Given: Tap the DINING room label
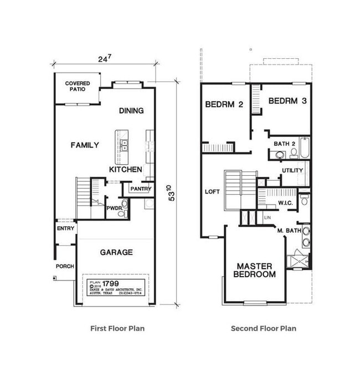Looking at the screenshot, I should tap(131, 111).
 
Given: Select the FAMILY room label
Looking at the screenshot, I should tap(85, 145).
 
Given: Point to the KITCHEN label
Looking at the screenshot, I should tap(126, 170).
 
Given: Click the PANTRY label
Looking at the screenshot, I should tap(140, 189).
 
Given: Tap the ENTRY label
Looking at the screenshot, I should tap(64, 228).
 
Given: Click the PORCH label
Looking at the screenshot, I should tap(65, 266).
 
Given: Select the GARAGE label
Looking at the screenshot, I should tap(116, 252).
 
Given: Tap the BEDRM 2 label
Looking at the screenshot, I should tap(224, 104).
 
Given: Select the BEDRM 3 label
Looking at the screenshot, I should tap(287, 101).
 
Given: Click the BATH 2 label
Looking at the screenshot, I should tap(285, 144).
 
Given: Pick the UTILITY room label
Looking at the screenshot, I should tap(292, 170).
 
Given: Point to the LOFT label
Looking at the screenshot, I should tap(212, 192).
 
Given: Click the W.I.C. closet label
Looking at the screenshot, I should tap(286, 203).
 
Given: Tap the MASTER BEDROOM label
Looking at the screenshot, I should tap(254, 270).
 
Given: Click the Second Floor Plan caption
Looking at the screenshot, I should tap(264, 329).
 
